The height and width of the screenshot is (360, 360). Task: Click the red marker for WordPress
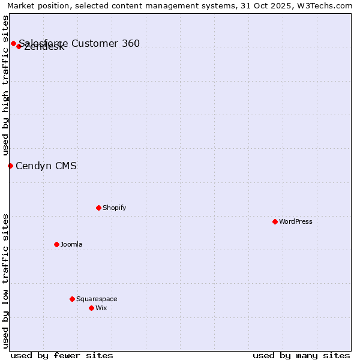pos(275,221)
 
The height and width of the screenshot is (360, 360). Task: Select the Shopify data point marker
pos(98,208)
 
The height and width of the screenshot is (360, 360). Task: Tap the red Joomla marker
pos(56,244)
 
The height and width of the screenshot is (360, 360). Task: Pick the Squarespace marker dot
pos(72,299)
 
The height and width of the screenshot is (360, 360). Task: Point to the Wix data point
pos(91,308)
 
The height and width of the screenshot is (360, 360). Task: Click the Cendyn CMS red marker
pos(10,166)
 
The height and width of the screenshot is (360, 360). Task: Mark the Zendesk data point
pos(19,46)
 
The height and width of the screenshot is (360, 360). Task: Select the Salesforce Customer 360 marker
pos(13,43)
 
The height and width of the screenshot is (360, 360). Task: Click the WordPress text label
pos(296,221)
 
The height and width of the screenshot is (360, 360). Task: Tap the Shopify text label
pos(115,208)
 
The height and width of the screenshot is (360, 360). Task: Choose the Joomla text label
pos(71,244)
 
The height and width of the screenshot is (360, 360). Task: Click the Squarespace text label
pos(97,299)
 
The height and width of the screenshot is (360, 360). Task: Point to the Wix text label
pos(101,308)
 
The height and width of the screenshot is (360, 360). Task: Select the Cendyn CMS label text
pos(46,166)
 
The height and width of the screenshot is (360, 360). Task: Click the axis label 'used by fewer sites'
pos(62,355)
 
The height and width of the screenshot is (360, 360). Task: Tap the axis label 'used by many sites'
pos(301,355)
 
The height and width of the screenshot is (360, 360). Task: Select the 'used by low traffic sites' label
pos(5,281)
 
